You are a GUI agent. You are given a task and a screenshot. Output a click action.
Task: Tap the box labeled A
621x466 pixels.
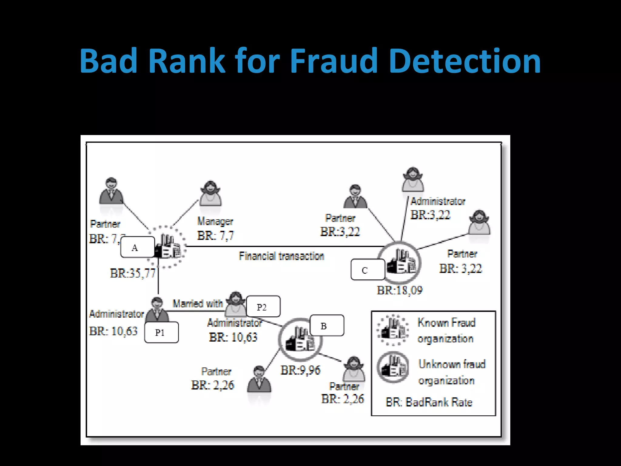[x=137, y=247]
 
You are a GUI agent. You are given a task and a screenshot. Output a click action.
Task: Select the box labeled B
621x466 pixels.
[x=327, y=326]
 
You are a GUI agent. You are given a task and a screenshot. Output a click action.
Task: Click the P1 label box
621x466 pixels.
[x=161, y=333]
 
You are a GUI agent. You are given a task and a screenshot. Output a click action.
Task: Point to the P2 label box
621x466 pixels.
[x=263, y=306]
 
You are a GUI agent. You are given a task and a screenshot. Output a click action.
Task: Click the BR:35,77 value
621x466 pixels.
[x=133, y=273]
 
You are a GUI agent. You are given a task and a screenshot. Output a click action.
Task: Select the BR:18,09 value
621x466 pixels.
[x=399, y=290]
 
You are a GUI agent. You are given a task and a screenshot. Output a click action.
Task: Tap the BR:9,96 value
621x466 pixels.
[x=300, y=370]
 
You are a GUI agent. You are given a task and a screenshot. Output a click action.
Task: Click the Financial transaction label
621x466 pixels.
[x=281, y=256]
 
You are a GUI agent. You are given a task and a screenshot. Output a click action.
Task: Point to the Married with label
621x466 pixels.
[x=198, y=303]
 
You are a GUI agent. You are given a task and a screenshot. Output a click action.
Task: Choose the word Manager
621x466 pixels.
[x=215, y=221]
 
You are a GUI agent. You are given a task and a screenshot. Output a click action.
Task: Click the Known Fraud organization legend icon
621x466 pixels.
[x=393, y=330]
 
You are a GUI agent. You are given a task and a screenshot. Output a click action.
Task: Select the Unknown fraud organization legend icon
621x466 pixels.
[x=393, y=367]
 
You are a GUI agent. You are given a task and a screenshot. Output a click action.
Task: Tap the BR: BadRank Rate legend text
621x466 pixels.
[x=429, y=402]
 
